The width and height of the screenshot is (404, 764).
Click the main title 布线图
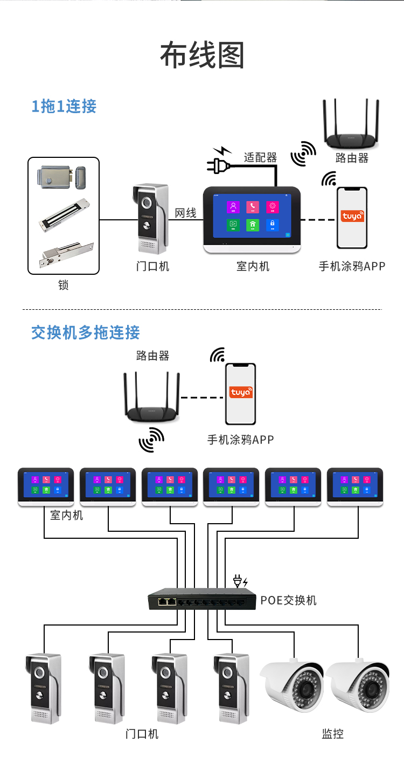pyautogui.click(x=202, y=55)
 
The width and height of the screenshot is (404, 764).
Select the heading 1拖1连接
pyautogui.click(x=64, y=106)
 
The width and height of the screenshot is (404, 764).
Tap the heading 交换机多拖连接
pyautogui.click(x=85, y=332)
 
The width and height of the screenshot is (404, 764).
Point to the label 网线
pyautogui.click(x=185, y=213)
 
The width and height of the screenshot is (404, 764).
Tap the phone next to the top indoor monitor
pyautogui.click(x=352, y=218)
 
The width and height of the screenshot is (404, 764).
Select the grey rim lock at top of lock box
pyautogui.click(x=62, y=177)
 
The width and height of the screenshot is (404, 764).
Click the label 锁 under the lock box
pyautogui.click(x=64, y=285)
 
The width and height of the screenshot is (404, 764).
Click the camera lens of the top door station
pyautogui.click(x=147, y=203)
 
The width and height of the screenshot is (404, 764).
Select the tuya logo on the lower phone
pyautogui.click(x=240, y=392)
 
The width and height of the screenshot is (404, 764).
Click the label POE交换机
pyautogui.click(x=288, y=600)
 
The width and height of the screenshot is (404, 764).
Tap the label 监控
pyautogui.click(x=332, y=733)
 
